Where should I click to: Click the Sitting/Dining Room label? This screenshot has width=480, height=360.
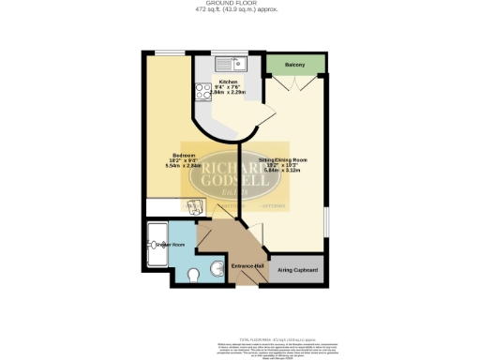(x=284, y=160)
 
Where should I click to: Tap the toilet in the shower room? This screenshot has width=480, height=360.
(x=192, y=275)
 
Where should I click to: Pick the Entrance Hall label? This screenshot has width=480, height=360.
(x=245, y=266)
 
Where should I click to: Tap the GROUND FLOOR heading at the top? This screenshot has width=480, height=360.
(x=239, y=4)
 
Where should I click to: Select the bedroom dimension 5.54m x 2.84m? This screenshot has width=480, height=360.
(x=183, y=168)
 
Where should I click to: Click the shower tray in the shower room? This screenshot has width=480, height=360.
(x=157, y=246)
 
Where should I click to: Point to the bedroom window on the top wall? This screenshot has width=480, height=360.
(x=170, y=54)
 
